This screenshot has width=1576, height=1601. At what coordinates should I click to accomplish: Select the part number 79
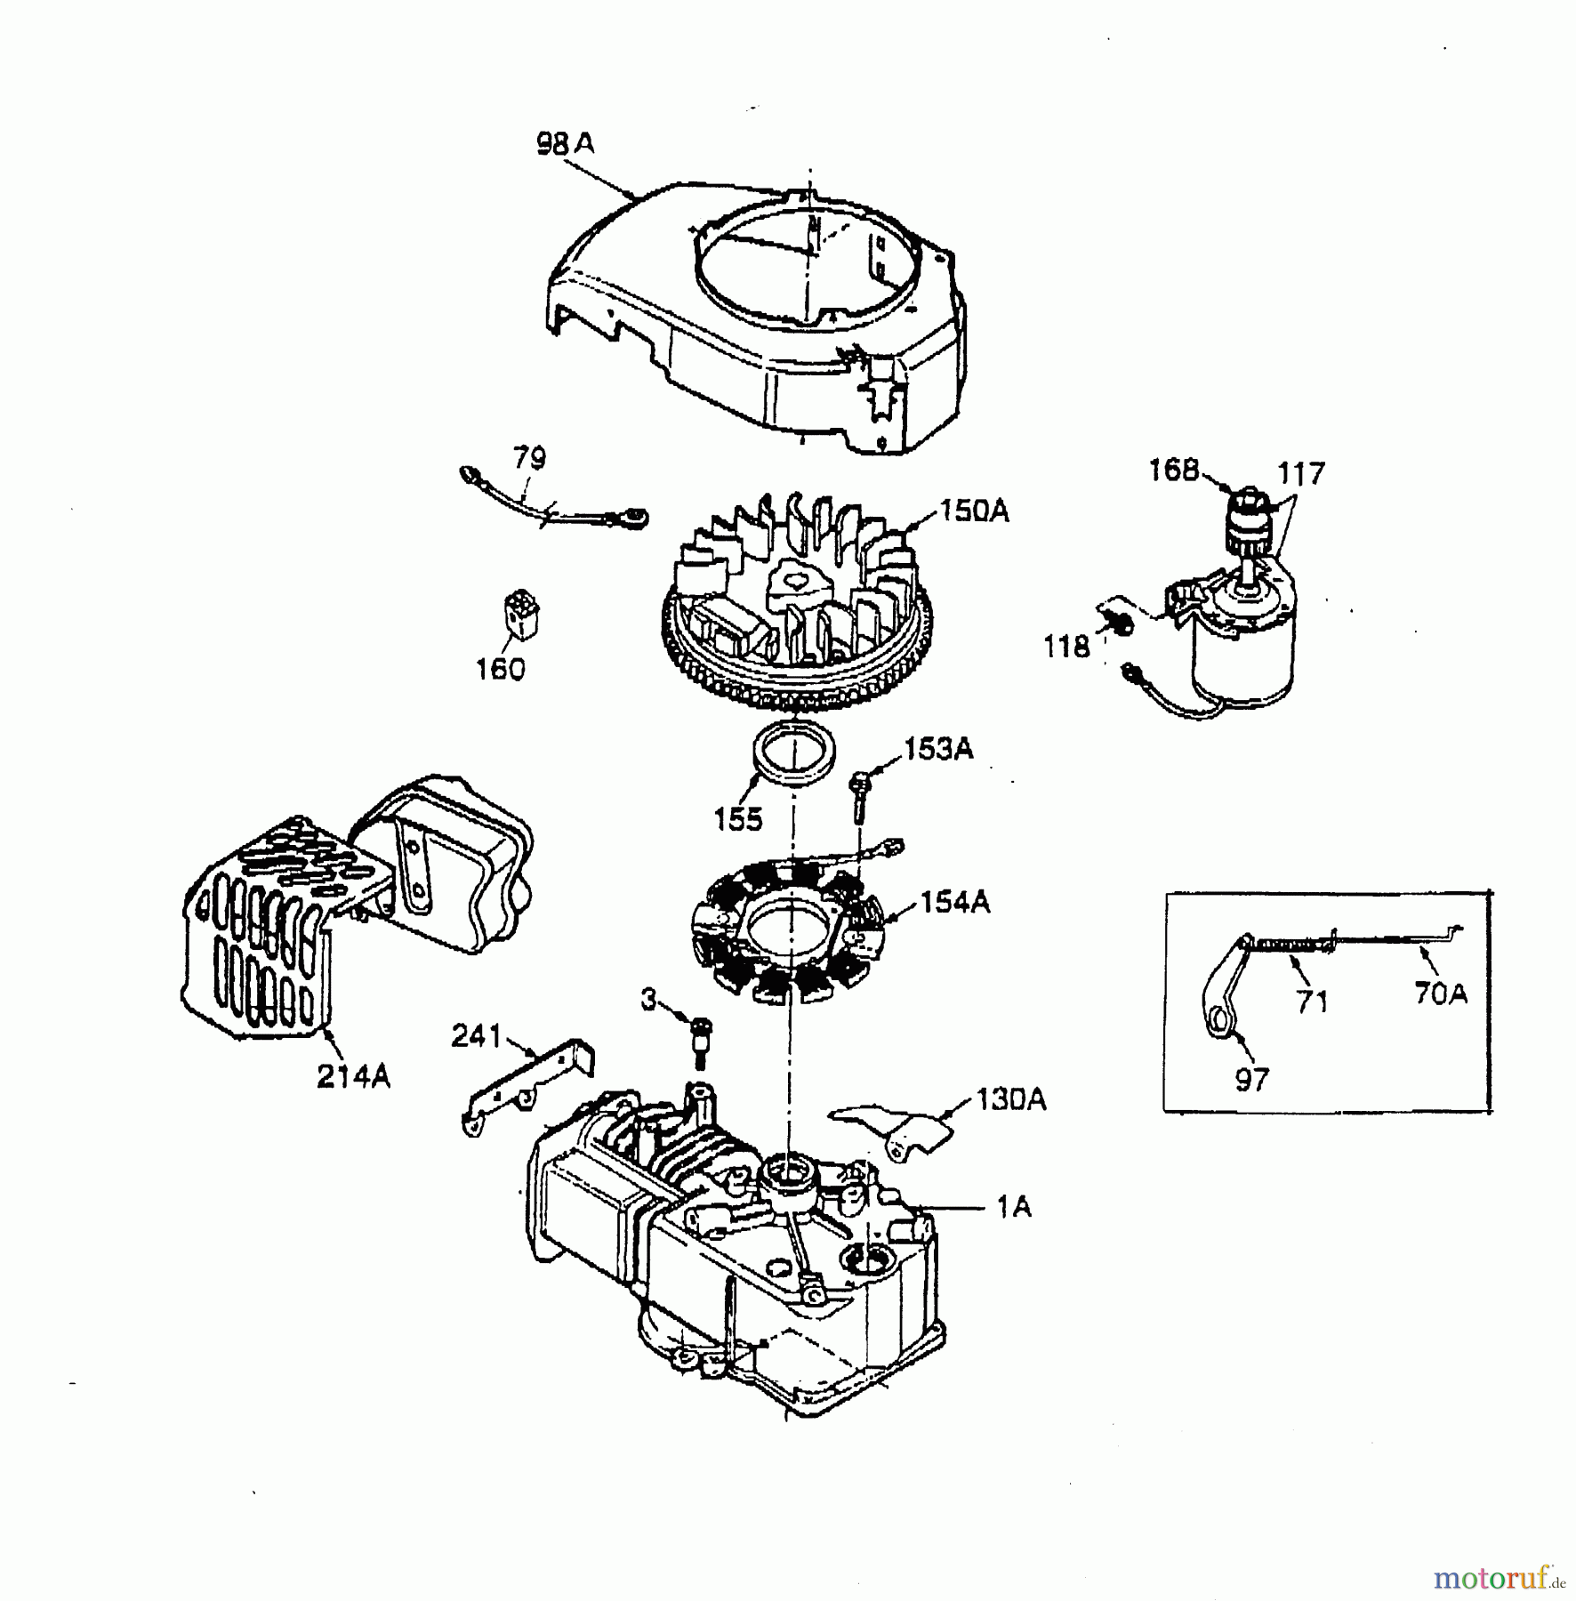point(529,459)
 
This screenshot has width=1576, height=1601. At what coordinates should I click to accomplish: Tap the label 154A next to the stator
point(954,903)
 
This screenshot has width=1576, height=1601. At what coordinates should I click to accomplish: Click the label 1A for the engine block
point(1013,1207)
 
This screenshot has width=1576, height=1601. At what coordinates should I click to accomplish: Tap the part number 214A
point(353,1077)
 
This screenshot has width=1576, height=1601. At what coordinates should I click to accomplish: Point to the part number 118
point(1066,647)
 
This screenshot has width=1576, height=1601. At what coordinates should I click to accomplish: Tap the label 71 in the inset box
point(1312,1002)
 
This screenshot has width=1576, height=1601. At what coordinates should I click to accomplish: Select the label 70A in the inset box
point(1441,994)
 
